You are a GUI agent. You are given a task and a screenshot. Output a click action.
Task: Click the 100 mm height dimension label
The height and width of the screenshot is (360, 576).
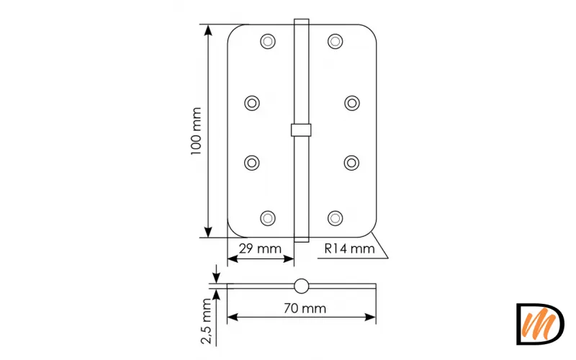coord(196,131)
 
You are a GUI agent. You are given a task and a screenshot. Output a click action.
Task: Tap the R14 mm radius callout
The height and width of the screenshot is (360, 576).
coord(349,249)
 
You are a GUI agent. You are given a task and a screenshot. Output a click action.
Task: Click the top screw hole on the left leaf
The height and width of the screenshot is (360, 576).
coord(268,41)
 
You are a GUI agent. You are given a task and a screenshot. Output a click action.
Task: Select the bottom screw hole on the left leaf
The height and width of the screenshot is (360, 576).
coord(268,217)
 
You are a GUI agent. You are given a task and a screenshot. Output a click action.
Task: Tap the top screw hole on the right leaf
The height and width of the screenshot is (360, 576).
coord(335,41)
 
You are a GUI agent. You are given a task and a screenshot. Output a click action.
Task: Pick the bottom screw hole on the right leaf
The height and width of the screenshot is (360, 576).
coord(335,217)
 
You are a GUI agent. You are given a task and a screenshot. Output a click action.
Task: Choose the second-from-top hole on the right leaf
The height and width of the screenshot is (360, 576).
coord(351,103)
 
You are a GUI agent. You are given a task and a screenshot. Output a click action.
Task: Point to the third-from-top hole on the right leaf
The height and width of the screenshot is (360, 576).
coord(351,162)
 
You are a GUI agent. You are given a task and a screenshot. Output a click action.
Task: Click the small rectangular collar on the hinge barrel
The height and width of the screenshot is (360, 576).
coord(301,130)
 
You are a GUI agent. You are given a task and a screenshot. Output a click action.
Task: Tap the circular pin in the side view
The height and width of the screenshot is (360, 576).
coord(301,285)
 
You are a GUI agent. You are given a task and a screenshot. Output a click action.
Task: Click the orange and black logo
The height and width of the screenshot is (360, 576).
coord(540,324)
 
